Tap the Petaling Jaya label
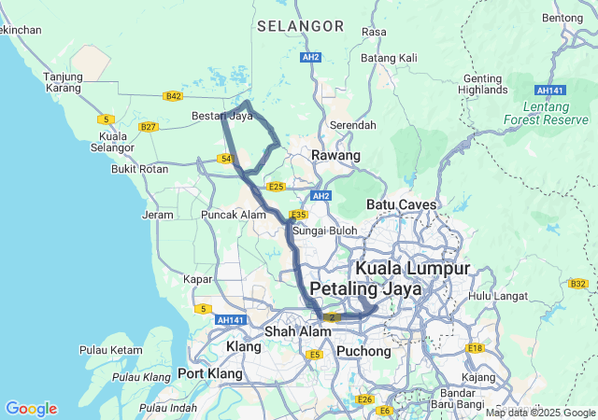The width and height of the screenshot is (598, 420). pos(365,288)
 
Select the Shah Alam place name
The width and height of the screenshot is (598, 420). pos(292,331)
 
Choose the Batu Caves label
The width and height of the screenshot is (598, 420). pos(403,203)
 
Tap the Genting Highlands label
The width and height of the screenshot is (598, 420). pos(482,84)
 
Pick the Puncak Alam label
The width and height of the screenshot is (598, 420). pos(234,215)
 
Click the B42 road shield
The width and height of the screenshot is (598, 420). pos(172,96)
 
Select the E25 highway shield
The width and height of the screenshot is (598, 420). pos(276,187)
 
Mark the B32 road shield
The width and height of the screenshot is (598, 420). pos(577,284)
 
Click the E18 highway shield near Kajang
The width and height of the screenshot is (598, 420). pos(476,348)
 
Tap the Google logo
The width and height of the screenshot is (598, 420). pos(31,409)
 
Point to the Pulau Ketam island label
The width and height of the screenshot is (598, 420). pos(110,350)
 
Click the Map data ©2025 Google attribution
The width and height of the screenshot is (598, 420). pos(540,413)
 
